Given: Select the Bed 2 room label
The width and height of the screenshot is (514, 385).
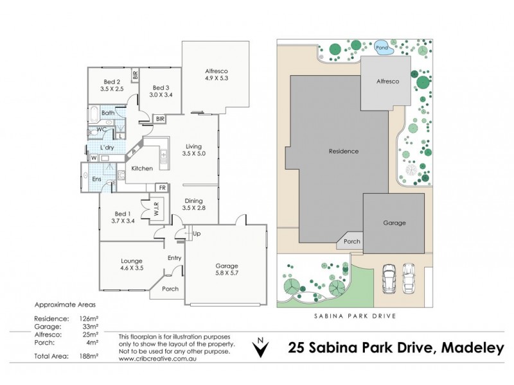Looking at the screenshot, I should pyautogui.click(x=113, y=85).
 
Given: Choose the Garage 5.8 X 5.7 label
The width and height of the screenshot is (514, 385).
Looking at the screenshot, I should pyautogui.click(x=227, y=269).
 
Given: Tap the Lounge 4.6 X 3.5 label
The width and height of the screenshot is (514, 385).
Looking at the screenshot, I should pyautogui.click(x=131, y=264).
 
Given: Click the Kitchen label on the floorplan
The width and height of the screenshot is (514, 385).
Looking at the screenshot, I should pyautogui.click(x=142, y=168).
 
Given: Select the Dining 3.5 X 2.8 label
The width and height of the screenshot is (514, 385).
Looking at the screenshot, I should pyautogui.click(x=195, y=205).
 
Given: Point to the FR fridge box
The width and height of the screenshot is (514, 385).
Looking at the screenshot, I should pyautogui.click(x=163, y=188).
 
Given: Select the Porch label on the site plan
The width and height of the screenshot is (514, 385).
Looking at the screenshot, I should pyautogui.click(x=351, y=242).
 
